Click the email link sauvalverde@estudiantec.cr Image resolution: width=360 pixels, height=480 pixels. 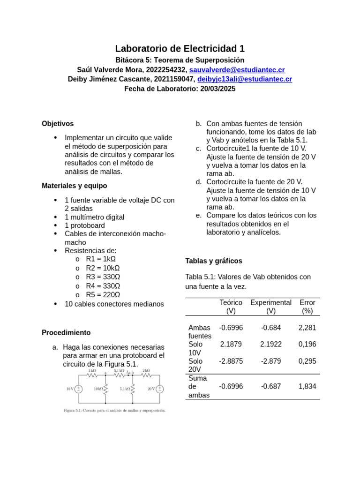tap(237, 69)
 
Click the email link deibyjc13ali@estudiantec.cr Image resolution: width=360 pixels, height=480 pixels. tap(244, 79)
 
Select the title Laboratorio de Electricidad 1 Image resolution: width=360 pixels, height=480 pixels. tap(180, 49)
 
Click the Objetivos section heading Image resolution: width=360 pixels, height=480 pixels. tap(58, 124)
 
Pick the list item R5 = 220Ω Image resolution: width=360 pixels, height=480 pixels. tap(103, 295)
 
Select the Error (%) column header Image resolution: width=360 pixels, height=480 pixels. tap(307, 307)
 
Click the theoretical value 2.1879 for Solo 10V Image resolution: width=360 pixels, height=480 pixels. tap(231, 344)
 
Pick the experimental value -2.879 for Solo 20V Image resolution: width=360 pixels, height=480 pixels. tap(271, 361)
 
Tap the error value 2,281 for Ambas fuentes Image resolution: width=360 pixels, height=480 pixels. tap(307, 328)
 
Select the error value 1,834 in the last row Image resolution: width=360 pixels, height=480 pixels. tap(307, 386)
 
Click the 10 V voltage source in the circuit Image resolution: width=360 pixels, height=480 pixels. tap(79, 389)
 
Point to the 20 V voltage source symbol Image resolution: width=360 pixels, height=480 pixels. tap(160, 389)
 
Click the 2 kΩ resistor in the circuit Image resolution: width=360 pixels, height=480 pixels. tap(146, 375)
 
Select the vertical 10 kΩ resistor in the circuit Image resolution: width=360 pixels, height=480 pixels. tap(106, 389)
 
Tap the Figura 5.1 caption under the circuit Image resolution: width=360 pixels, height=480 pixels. tap(115, 411)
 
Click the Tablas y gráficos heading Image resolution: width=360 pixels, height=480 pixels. tap(214, 261)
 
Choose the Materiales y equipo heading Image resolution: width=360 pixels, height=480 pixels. tap(74, 186)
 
